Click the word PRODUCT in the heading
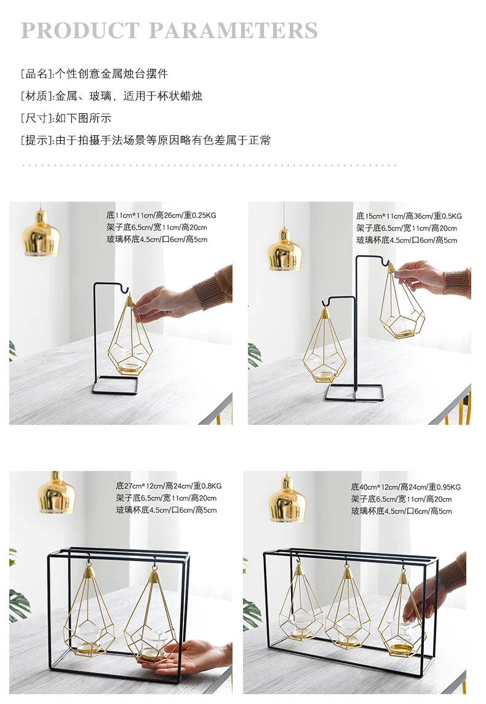coord(81,31)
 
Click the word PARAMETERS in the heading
coord(233,31)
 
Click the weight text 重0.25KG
coord(200,216)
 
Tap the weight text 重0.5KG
coord(447,216)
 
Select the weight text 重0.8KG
coord(207,486)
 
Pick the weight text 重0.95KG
coord(444,487)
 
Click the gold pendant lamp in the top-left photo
coord(41,232)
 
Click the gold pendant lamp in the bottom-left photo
coord(56,492)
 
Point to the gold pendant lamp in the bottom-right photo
coord(287,499)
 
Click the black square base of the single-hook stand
coord(115,386)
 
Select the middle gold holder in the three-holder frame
coord(347,608)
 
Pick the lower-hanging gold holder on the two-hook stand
coord(325,344)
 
